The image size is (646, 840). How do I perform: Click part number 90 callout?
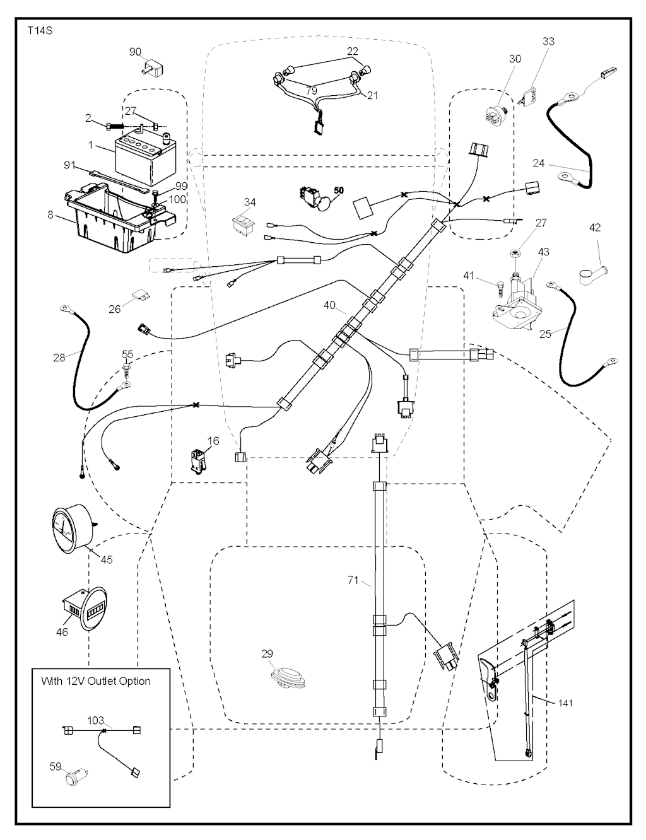(135, 52)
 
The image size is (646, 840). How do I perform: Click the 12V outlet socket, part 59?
(77, 774)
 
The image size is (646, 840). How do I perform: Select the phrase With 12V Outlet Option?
(96, 681)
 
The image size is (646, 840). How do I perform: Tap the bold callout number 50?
(339, 190)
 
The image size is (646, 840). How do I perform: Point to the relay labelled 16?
(196, 461)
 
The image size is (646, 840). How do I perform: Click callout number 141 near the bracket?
(566, 703)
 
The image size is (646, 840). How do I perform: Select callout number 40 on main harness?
(329, 306)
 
